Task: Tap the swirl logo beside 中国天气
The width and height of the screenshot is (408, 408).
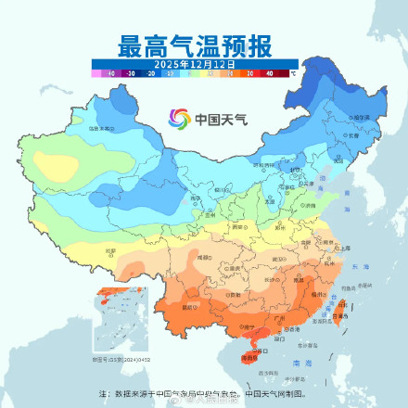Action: [179, 119]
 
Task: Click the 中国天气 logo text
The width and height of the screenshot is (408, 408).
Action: [214, 120]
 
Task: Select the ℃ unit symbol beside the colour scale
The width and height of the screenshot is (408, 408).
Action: [293, 71]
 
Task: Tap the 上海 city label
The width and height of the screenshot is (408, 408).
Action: [345, 249]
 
